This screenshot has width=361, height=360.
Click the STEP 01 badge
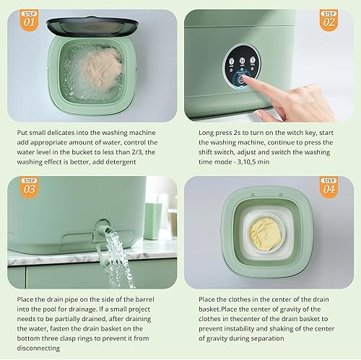point(29,19)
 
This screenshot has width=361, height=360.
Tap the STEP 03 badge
point(29,188)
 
